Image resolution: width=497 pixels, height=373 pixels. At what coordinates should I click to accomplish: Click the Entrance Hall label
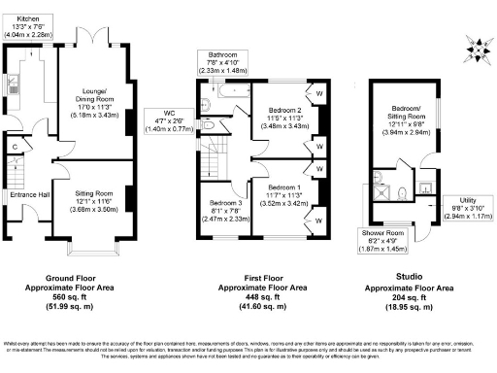(29, 195)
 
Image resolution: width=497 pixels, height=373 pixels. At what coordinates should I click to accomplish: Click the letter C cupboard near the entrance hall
(16, 147)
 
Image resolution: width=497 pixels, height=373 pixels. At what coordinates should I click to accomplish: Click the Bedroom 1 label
(284, 194)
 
